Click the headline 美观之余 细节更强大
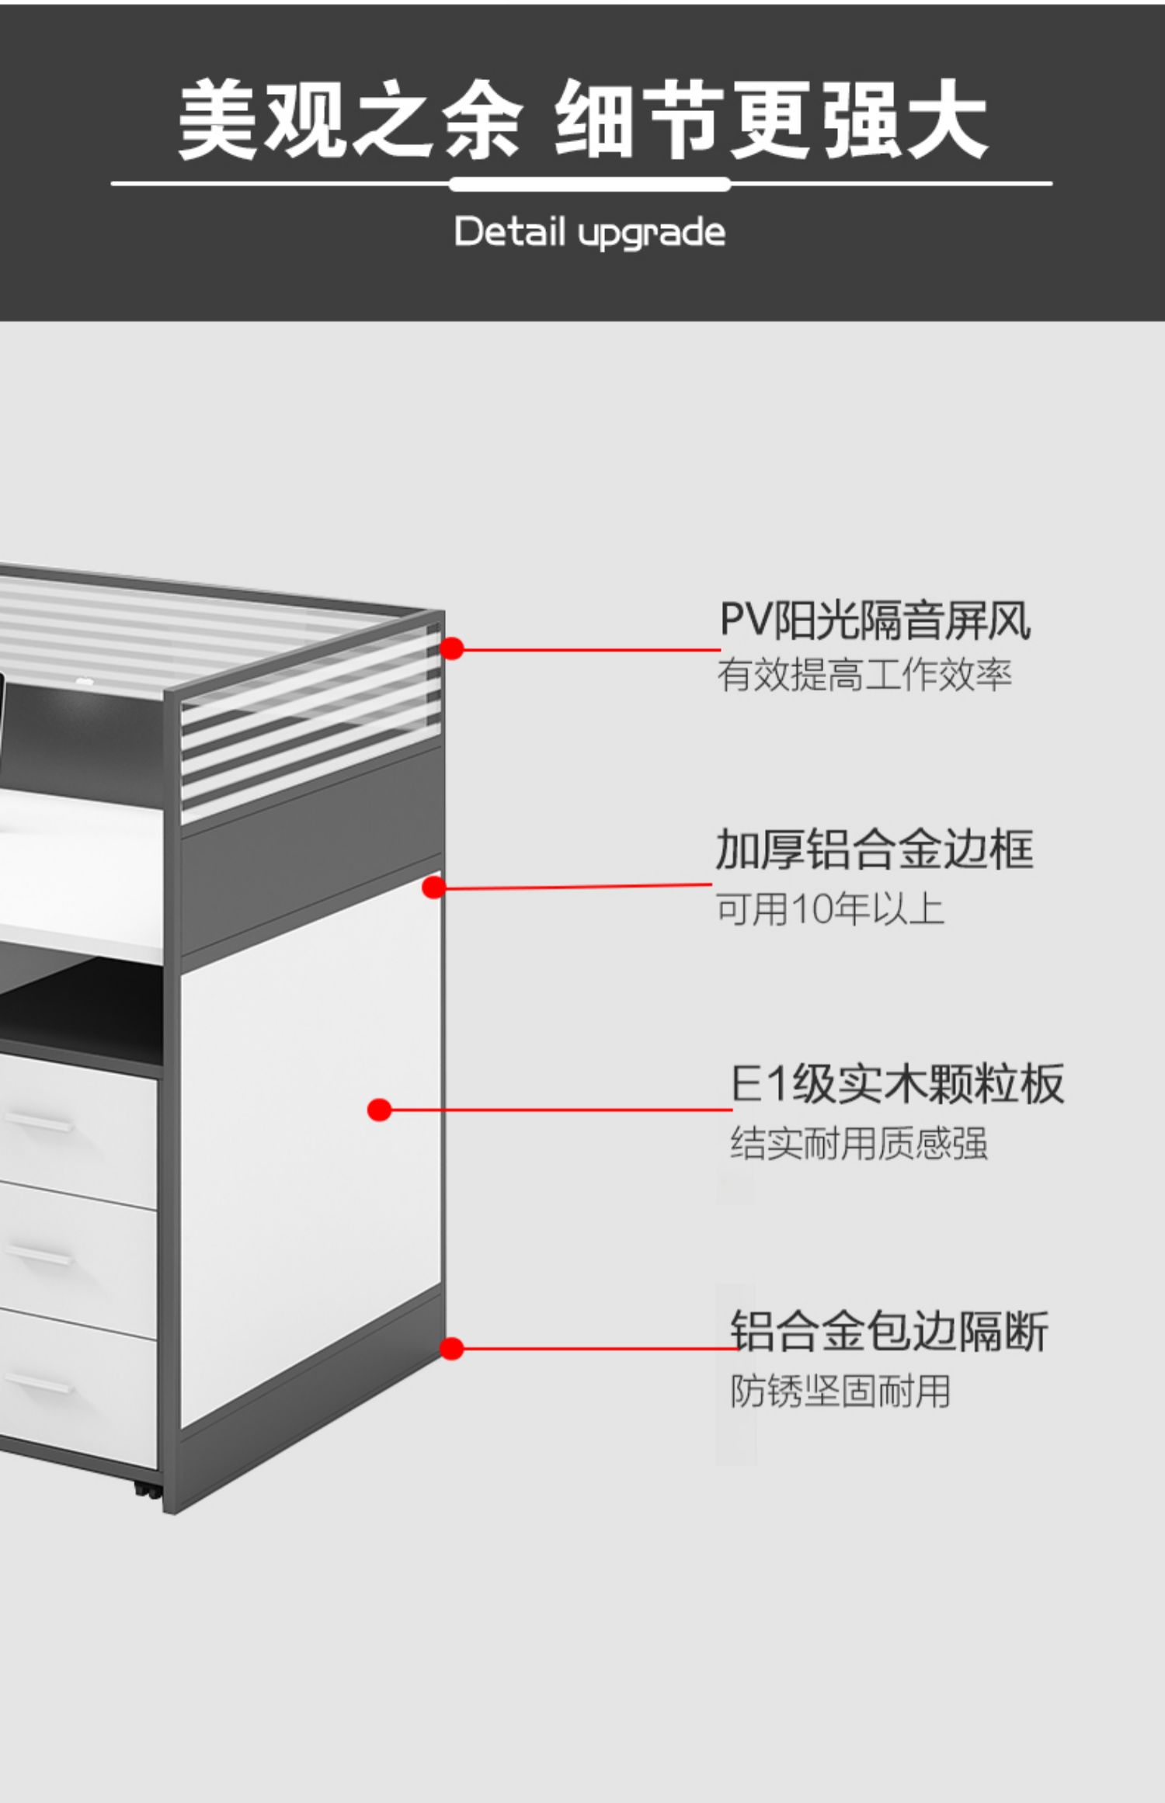(582, 120)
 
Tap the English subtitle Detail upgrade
(589, 232)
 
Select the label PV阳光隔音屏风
(875, 621)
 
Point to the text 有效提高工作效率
(864, 674)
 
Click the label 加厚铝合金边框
(875, 849)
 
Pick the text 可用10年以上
(829, 908)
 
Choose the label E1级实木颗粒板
(896, 1084)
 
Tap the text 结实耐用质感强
(858, 1144)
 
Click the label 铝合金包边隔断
(889, 1331)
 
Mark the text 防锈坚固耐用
(840, 1391)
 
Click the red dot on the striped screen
(451, 648)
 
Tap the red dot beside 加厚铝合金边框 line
(433, 888)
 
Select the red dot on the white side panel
(379, 1110)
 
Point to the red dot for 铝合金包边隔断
(451, 1349)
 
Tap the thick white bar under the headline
(589, 185)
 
